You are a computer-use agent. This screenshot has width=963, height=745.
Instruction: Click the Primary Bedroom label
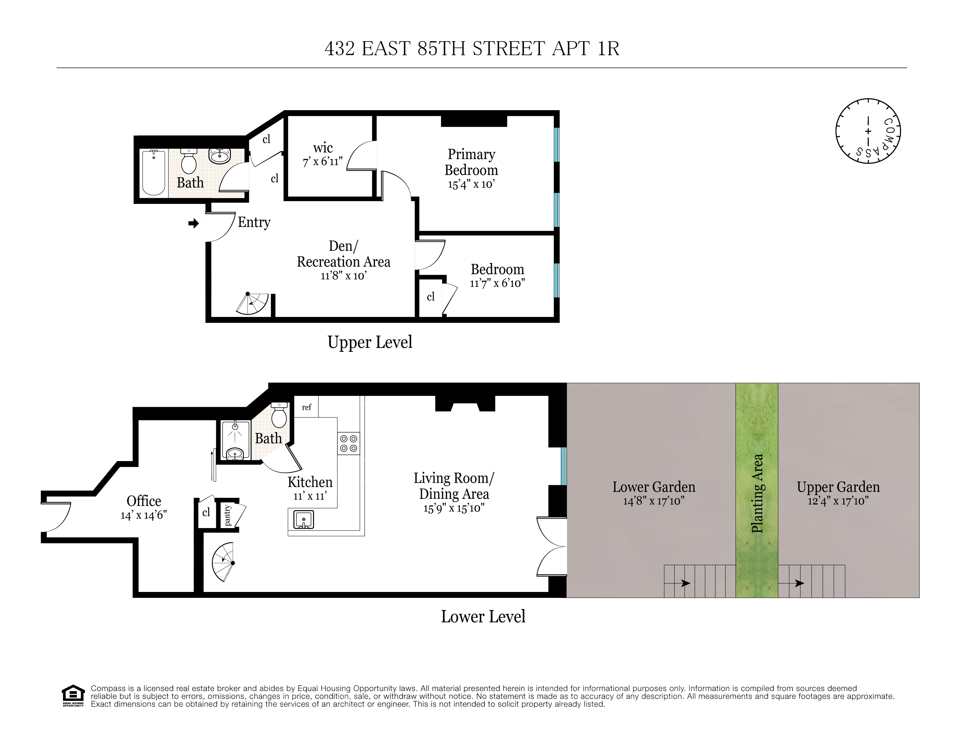click(x=471, y=162)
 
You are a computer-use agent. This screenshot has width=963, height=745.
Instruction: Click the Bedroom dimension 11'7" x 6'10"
click(x=497, y=283)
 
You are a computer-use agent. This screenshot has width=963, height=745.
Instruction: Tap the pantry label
click(x=227, y=515)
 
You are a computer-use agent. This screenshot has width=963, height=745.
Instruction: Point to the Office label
click(x=144, y=501)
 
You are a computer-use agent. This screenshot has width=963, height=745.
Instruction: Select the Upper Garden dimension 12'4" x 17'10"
click(x=838, y=501)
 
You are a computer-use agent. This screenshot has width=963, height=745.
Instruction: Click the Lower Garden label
click(x=653, y=487)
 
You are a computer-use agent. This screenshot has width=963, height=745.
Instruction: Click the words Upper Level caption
click(x=370, y=342)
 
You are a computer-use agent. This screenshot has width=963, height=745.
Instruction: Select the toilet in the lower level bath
click(x=279, y=415)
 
